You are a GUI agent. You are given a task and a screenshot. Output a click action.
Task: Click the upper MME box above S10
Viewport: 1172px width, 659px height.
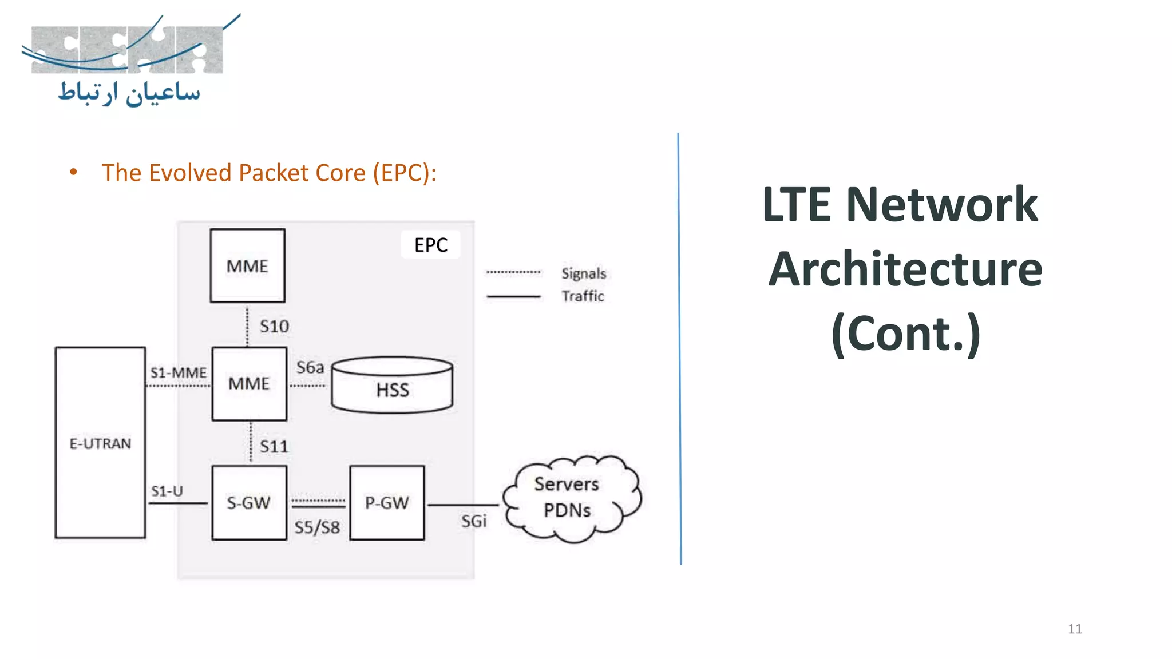tap(247, 265)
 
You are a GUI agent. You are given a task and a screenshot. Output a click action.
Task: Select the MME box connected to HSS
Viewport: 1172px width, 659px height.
tap(249, 383)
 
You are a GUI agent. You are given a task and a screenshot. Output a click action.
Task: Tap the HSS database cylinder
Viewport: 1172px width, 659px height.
tap(393, 386)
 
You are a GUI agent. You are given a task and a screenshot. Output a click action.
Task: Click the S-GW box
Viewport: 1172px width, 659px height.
tap(249, 502)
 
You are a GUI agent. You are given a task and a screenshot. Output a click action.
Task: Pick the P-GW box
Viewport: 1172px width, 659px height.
tap(387, 502)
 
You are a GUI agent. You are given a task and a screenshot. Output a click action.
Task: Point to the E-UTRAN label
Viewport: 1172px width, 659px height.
tap(100, 443)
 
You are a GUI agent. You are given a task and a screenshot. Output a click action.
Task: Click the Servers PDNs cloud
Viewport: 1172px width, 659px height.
tap(569, 498)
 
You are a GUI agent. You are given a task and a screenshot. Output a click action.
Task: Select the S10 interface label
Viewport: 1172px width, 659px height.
tap(274, 327)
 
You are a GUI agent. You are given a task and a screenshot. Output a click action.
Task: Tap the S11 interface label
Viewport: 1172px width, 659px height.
tap(274, 447)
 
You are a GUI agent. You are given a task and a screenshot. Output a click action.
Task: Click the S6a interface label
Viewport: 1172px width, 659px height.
tap(310, 367)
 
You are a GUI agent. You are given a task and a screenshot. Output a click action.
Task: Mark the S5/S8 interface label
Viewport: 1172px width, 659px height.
tap(317, 527)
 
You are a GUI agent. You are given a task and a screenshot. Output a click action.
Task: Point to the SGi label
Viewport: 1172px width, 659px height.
tap(474, 521)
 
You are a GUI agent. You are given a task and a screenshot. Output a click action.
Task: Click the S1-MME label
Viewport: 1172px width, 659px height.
tap(178, 373)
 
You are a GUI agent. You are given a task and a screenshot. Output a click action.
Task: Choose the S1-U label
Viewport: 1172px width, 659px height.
tap(167, 491)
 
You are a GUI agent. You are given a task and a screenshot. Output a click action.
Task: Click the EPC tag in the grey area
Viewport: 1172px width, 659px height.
tap(431, 245)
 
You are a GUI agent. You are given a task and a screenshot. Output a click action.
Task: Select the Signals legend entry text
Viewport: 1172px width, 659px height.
tap(583, 273)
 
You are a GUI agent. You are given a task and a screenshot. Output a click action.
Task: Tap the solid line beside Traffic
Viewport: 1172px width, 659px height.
tap(513, 296)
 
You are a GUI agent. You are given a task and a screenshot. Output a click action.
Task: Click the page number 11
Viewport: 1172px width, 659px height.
tap(1075, 629)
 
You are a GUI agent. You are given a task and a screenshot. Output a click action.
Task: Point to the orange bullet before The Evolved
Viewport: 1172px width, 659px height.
tap(73, 172)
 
